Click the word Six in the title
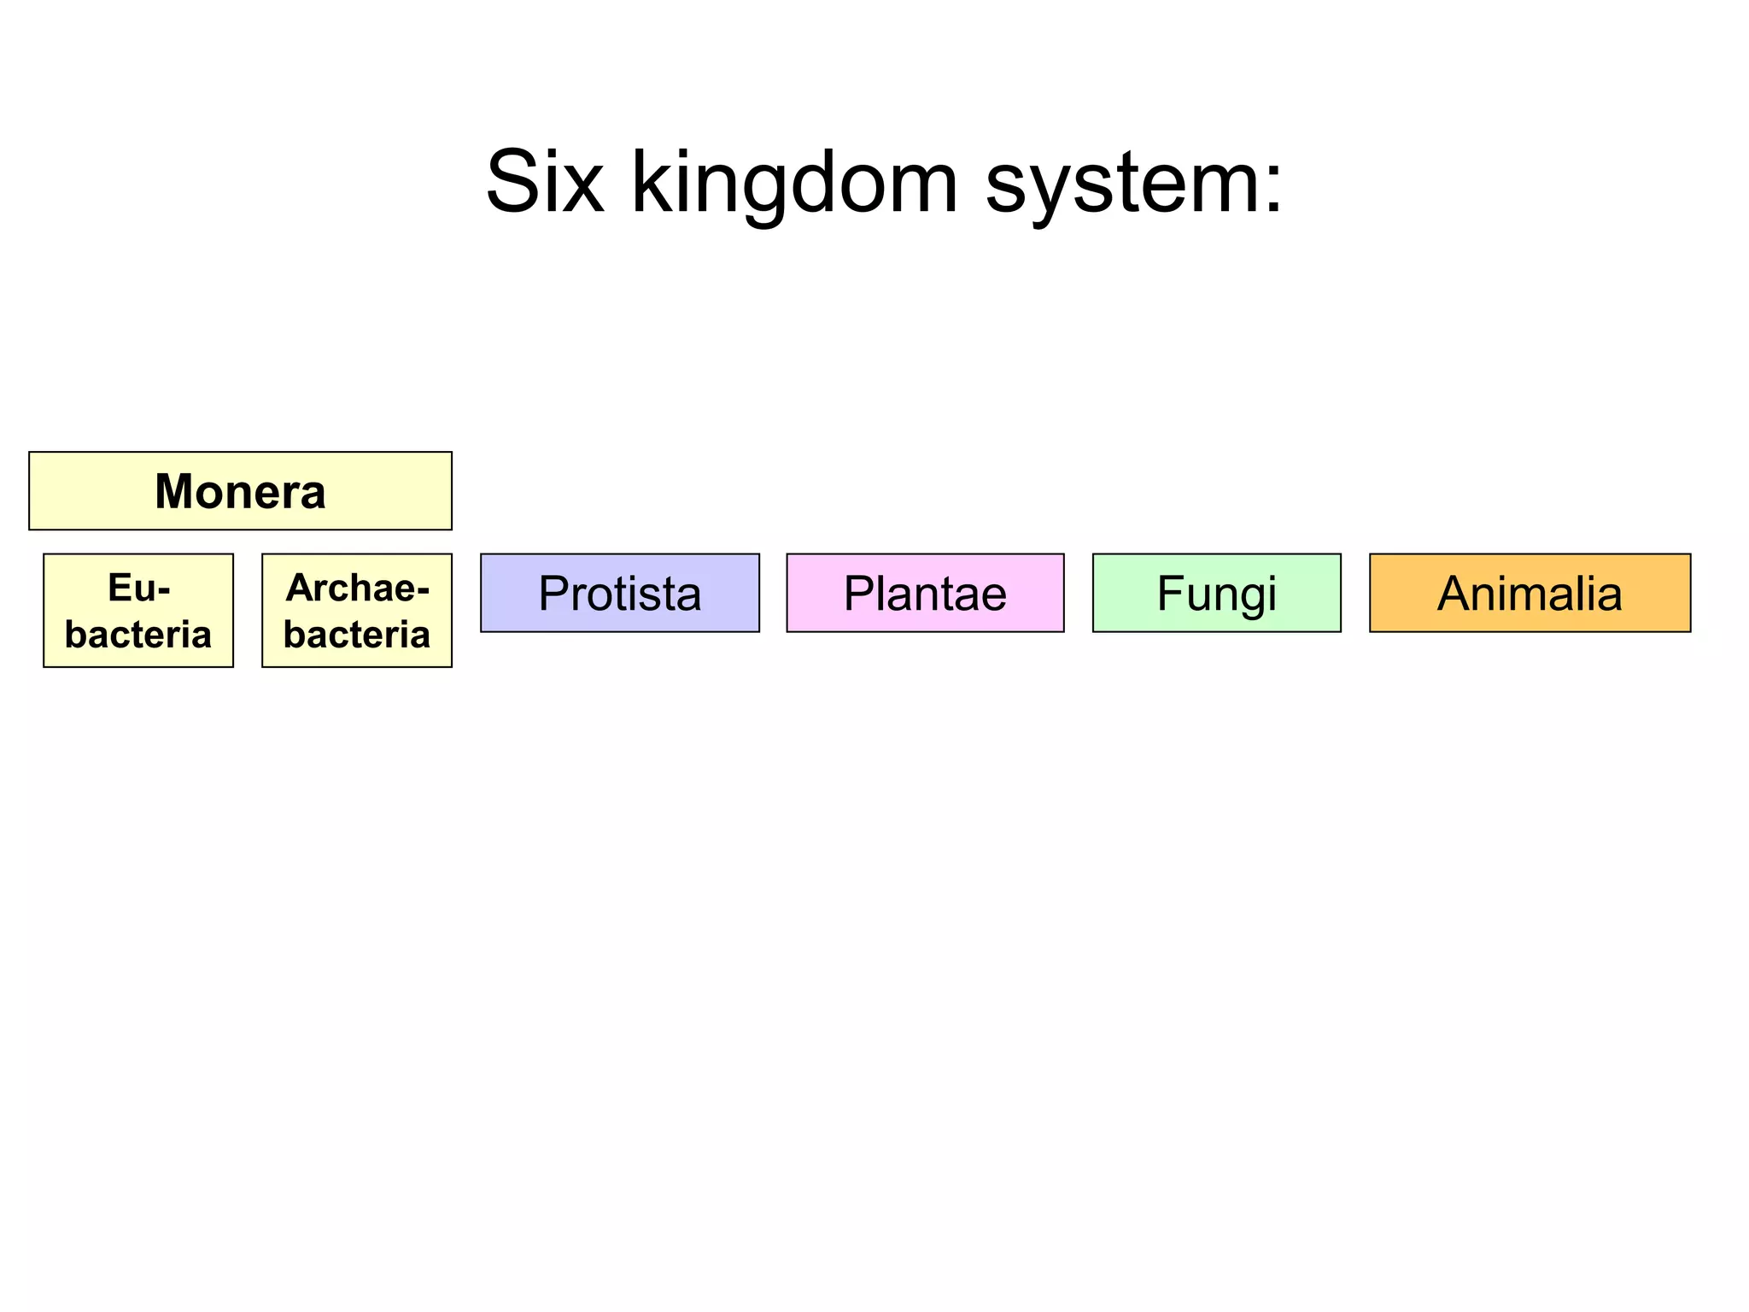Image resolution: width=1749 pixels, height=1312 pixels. point(545,182)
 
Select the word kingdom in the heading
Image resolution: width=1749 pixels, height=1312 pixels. point(794,182)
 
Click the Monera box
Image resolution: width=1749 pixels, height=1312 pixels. point(240,491)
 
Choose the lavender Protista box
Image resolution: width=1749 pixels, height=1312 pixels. point(619,593)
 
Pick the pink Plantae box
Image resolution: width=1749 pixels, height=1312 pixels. point(925,593)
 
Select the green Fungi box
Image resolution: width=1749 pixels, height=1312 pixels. point(1216,593)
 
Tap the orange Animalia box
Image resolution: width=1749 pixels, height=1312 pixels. point(1530,593)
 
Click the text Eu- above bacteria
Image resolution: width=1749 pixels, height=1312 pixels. point(138,588)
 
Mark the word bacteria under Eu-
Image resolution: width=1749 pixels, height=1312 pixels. point(138,635)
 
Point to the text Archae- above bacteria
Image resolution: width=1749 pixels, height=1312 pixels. point(357,588)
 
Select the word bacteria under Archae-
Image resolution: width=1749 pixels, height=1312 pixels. point(357,635)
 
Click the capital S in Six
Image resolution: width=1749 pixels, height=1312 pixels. point(511,182)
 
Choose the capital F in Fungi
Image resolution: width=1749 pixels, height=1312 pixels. point(1170,593)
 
